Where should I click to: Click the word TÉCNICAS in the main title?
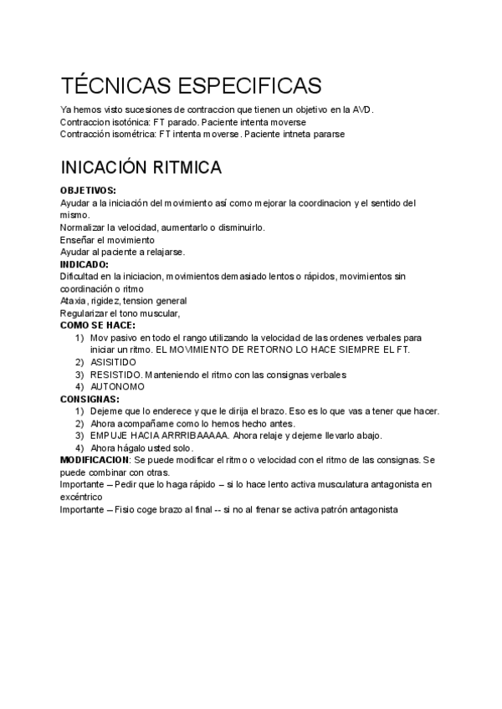[113, 86]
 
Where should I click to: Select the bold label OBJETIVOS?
[88, 191]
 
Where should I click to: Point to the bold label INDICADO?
[85, 264]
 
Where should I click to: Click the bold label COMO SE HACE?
[98, 324]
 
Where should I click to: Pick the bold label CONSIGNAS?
[90, 399]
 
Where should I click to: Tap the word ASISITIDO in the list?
[113, 362]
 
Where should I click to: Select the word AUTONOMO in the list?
[117, 386]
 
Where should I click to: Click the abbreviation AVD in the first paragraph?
[362, 110]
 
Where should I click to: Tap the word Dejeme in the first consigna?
[106, 411]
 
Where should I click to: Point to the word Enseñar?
[79, 240]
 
